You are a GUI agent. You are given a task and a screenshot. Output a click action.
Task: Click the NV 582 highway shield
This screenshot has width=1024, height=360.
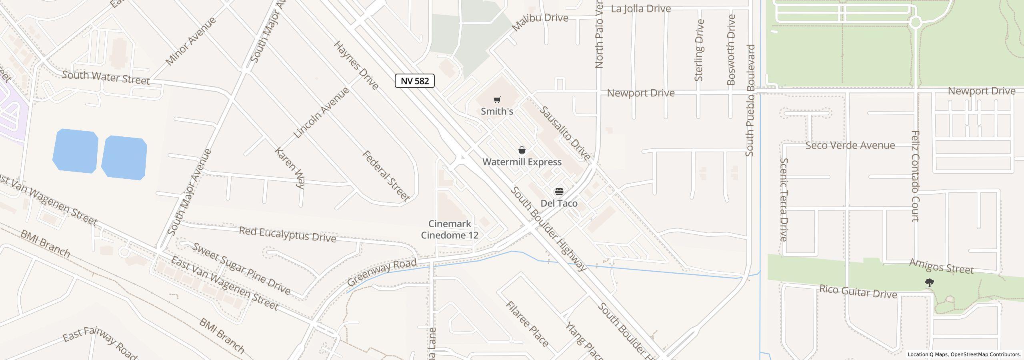coord(414,81)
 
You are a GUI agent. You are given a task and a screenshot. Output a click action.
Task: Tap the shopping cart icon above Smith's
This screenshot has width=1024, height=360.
coord(497,100)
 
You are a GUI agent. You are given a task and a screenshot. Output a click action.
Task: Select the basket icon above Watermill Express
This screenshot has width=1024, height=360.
coord(522,150)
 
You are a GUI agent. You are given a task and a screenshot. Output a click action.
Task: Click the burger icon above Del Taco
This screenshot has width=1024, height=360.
coord(559,192)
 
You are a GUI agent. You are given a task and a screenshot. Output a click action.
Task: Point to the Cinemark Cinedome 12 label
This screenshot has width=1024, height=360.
coord(450,230)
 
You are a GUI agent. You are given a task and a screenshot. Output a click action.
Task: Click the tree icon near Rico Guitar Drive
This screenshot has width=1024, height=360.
coord(930,283)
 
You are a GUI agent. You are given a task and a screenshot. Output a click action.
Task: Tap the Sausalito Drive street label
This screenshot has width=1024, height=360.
coord(565,133)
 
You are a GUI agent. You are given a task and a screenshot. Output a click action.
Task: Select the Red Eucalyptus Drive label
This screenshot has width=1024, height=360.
coord(287,234)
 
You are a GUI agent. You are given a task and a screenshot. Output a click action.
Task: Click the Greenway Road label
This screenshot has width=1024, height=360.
coord(382,272)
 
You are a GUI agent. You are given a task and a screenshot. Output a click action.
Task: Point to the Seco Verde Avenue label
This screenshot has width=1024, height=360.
coord(850,145)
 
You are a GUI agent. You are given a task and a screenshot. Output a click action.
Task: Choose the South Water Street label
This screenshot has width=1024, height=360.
coord(106,78)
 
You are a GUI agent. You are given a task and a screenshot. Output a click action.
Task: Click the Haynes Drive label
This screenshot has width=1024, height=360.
coord(356,65)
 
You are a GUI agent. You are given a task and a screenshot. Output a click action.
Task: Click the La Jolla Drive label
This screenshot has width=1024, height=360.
coord(641,9)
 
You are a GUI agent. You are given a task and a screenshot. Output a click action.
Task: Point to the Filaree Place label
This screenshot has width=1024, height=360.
coord(527,324)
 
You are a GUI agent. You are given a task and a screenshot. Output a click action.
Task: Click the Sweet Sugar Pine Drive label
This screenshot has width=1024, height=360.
coord(242,268)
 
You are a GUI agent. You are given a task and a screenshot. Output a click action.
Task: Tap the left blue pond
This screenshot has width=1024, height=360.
coord(76,151)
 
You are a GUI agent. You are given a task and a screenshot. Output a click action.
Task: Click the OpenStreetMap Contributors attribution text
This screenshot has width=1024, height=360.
coord(985,354)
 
